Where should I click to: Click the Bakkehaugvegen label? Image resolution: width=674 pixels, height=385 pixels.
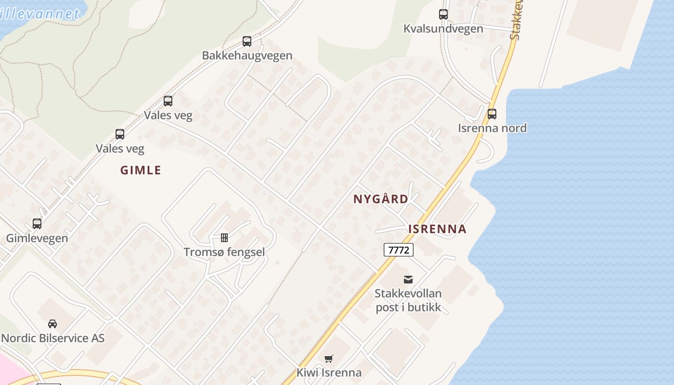click(247, 55)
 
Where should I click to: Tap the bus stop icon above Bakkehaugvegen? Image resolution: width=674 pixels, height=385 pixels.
click(247, 41)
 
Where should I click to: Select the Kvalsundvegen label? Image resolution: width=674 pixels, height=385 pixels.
click(443, 28)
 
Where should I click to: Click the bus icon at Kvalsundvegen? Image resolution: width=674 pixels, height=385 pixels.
click(443, 14)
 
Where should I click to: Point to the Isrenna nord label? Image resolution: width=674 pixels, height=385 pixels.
click(492, 128)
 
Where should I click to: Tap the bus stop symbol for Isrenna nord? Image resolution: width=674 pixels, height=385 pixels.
click(492, 114)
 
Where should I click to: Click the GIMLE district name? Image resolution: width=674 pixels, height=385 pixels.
click(141, 170)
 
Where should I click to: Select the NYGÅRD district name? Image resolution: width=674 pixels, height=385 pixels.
click(381, 199)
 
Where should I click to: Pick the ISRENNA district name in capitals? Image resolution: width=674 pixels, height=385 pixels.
click(437, 229)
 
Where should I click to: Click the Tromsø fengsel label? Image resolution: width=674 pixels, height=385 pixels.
click(224, 252)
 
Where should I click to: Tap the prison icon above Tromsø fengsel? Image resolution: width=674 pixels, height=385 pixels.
click(224, 238)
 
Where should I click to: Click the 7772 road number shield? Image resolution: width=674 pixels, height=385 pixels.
click(399, 250)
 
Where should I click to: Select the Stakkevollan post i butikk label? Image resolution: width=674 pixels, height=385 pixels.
click(408, 300)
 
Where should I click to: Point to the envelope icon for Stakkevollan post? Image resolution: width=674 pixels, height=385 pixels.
click(408, 279)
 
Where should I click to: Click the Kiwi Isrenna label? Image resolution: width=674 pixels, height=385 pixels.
click(329, 372)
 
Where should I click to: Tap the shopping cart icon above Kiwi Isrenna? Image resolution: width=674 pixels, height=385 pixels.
click(329, 359)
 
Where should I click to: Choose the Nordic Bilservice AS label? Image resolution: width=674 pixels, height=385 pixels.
click(52, 338)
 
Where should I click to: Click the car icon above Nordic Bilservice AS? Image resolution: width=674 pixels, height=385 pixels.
click(52, 324)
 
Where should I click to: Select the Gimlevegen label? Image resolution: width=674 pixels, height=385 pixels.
click(37, 238)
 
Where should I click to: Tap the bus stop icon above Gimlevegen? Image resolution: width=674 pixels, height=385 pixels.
click(37, 224)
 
